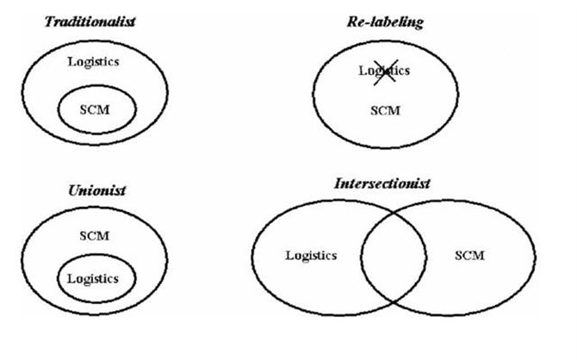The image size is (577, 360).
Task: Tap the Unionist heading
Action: [97, 189]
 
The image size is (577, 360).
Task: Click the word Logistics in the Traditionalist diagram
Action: [93, 62]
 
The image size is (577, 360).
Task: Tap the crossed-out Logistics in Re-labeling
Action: [383, 71]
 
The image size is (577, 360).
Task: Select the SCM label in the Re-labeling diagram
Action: [383, 111]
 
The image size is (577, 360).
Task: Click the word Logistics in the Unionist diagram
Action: [91, 279]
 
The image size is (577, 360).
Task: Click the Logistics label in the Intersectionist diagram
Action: [310, 255]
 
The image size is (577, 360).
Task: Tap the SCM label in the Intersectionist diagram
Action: [468, 255]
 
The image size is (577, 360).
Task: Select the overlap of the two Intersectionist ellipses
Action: [393, 256]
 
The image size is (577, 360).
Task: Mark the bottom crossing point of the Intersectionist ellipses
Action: [393, 298]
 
